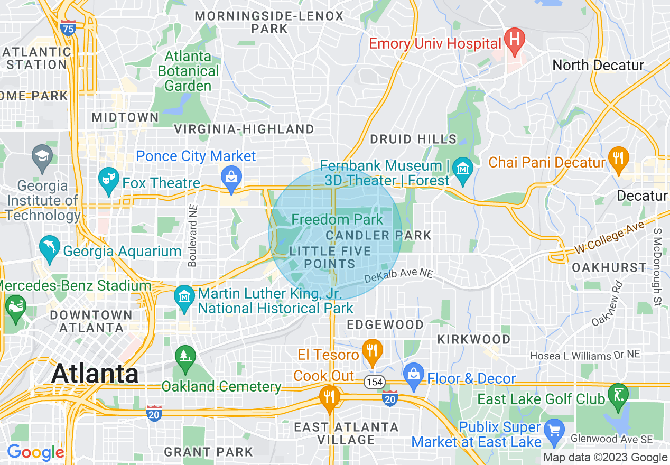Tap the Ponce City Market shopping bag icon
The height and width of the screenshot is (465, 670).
click(231, 175)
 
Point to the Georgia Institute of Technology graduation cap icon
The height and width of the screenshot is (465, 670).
click(42, 156)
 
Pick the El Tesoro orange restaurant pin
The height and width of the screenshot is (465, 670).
click(373, 350)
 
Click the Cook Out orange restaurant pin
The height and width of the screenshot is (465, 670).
click(330, 396)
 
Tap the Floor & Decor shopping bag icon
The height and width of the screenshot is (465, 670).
click(414, 375)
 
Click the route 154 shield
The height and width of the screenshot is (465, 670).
click(374, 382)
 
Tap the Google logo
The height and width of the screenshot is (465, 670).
click(35, 453)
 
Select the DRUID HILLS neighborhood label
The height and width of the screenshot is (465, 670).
click(413, 139)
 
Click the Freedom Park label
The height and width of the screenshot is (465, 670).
click(337, 219)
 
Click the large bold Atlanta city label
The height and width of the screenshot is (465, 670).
click(95, 374)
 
